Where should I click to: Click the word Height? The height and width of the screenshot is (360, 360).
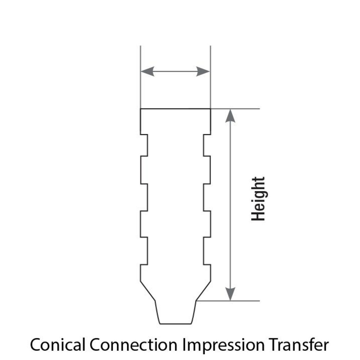click(258, 199)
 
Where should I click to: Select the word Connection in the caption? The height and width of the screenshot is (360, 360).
click(134, 345)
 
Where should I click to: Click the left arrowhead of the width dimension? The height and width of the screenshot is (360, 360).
click(148, 71)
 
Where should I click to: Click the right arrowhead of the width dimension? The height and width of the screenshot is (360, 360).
click(203, 71)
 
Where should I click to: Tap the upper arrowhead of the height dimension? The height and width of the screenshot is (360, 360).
click(230, 116)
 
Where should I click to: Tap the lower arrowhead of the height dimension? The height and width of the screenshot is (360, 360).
click(230, 294)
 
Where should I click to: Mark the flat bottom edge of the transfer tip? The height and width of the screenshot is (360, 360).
click(176, 324)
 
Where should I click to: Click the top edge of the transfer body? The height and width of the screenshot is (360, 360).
click(176, 109)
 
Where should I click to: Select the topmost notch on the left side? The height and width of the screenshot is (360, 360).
click(144, 145)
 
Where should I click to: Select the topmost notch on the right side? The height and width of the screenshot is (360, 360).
click(207, 145)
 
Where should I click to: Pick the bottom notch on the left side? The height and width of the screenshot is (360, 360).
click(144, 251)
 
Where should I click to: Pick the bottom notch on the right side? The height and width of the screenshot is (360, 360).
click(207, 251)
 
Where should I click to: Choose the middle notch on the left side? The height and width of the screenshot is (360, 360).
click(144, 197)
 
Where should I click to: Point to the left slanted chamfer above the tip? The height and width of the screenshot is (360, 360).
click(148, 291)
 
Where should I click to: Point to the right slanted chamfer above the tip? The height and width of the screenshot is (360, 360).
click(203, 291)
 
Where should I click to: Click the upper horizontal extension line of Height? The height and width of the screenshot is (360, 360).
click(235, 109)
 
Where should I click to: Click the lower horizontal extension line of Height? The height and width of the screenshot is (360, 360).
click(228, 301)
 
